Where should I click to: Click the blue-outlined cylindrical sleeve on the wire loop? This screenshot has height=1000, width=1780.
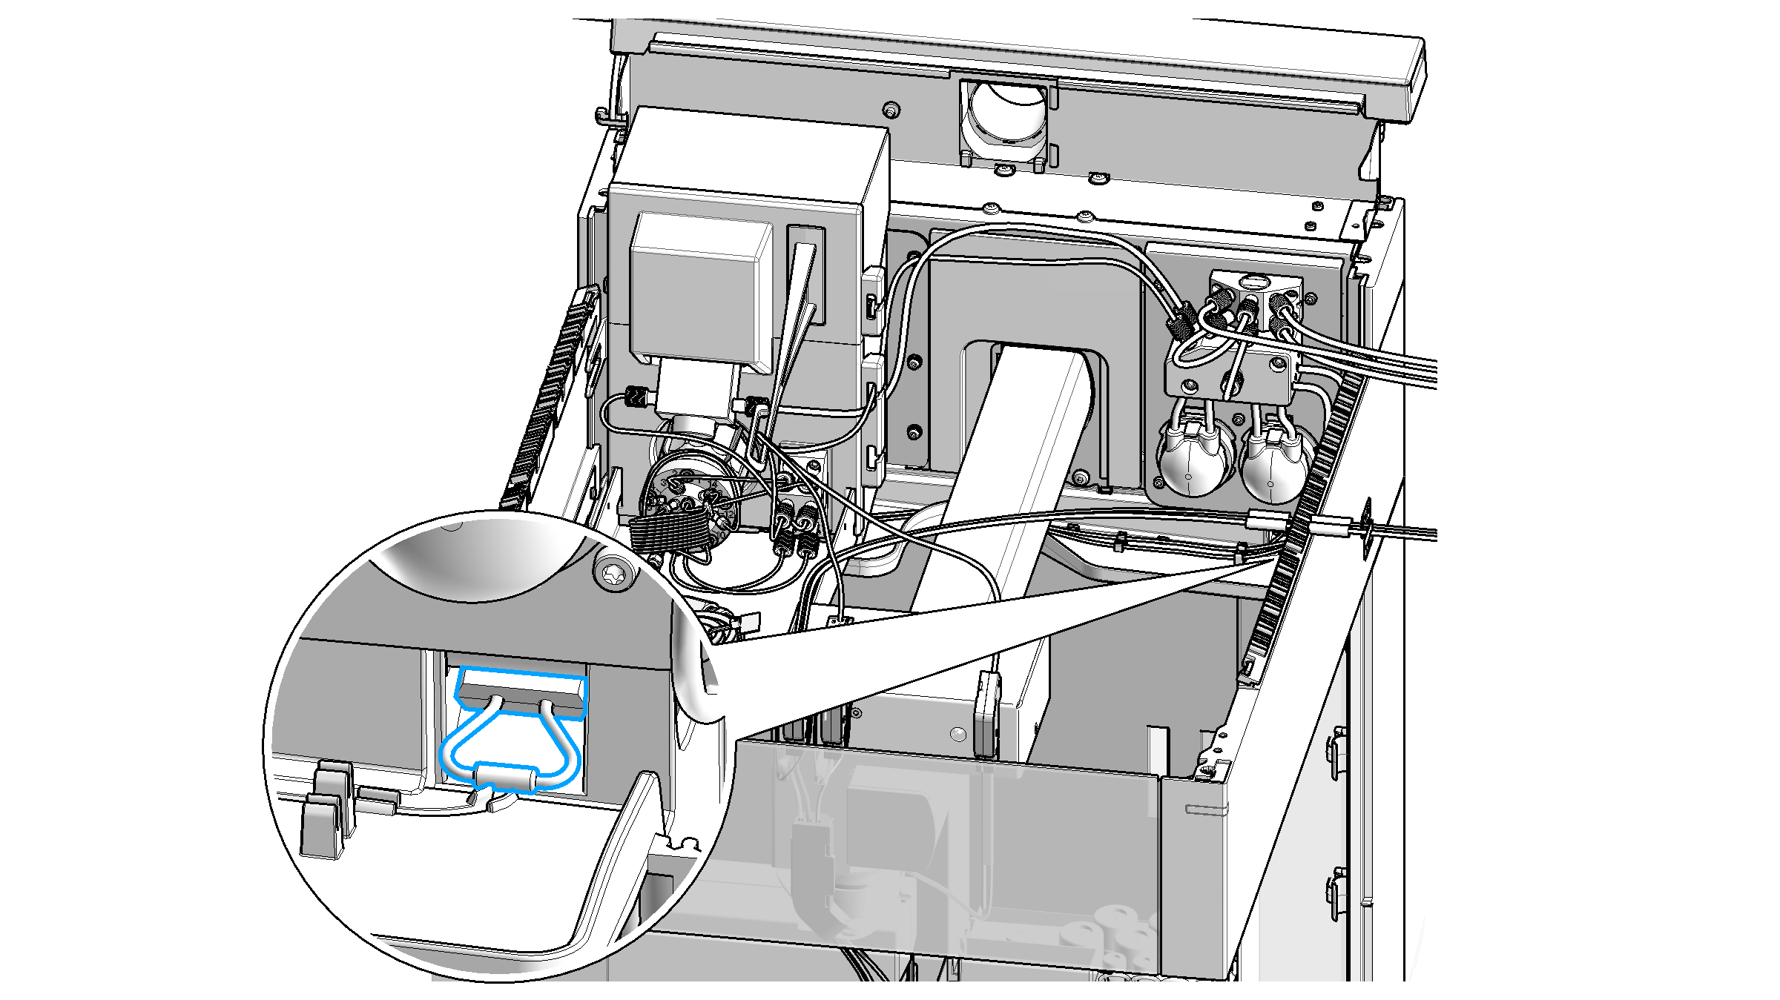click(507, 777)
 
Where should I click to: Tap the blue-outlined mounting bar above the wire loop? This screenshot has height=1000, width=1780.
click(521, 689)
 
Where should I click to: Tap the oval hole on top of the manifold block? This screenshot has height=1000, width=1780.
click(1253, 282)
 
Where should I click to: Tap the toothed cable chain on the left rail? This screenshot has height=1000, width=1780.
click(553, 393)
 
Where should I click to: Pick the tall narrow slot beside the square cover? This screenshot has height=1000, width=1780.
click(805, 274)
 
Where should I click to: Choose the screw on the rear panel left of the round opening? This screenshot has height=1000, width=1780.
click(891, 110)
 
